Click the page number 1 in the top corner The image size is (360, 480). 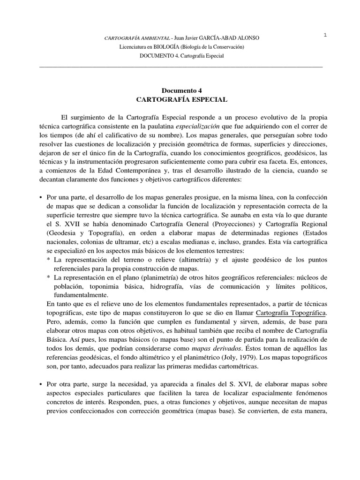pos(325,36)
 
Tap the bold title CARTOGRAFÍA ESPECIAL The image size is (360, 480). pos(181,99)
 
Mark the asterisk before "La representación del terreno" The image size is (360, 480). pos(49,259)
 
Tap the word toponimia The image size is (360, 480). pos(118,285)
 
